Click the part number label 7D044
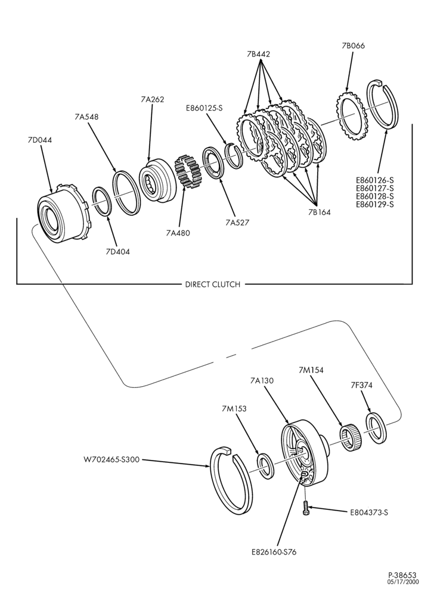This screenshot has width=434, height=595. tap(39, 140)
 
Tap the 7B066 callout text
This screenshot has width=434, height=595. tap(353, 46)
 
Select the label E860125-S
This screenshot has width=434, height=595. tap(204, 108)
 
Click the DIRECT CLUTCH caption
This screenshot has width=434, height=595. tap(213, 284)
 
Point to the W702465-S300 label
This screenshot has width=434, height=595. tap(111, 459)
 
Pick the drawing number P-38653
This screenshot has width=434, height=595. tap(402, 575)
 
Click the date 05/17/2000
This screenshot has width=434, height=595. tap(403, 581)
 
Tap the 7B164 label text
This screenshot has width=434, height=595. tap(319, 212)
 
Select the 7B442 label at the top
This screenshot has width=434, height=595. tap(258, 54)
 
